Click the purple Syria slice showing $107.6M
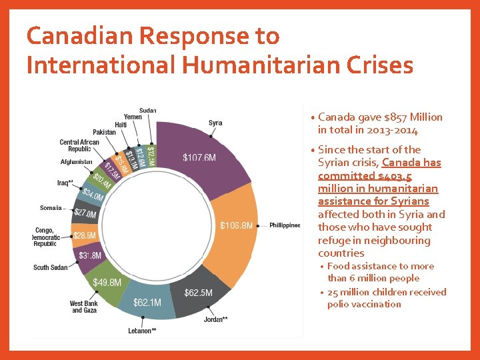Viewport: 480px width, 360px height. click(200, 157)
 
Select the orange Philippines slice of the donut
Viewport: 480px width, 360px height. click(237, 225)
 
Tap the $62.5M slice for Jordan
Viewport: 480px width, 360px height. click(199, 293)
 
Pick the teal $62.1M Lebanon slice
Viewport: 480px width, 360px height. click(147, 303)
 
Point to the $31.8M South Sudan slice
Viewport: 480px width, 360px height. click(90, 255)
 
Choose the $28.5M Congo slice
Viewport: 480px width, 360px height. click(85, 235)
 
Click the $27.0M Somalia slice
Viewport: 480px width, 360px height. click(85, 214)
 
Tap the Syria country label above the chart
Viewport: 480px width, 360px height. click(215, 123)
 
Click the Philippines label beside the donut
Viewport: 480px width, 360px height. click(285, 225)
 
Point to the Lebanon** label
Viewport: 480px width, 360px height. click(142, 331)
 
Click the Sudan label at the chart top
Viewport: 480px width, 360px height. click(148, 110)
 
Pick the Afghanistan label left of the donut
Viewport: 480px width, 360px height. click(76, 162)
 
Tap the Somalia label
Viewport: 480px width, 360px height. click(51, 208)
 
